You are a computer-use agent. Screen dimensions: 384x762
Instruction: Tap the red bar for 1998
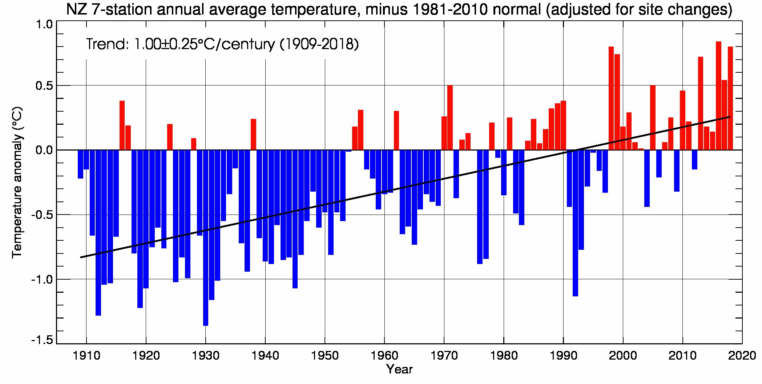pos(611,98)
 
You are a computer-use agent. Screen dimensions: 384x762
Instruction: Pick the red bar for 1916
pos(122,125)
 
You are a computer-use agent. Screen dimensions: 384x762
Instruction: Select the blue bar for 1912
pos(98,232)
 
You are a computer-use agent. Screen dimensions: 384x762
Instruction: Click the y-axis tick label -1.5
pos(42,340)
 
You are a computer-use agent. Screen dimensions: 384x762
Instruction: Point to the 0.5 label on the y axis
pos(44,86)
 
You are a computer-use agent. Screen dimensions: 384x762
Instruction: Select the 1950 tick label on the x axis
pos(325,356)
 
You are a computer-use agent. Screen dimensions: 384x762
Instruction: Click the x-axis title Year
pos(399,369)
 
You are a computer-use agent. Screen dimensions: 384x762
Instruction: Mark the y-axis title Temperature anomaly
pos(17,182)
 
